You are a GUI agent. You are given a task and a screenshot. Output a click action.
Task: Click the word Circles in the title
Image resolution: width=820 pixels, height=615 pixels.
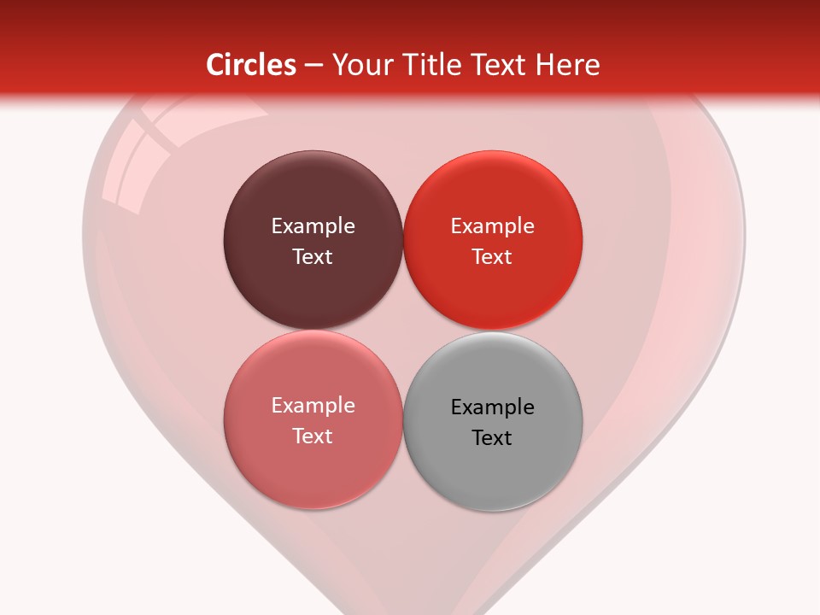(x=251, y=65)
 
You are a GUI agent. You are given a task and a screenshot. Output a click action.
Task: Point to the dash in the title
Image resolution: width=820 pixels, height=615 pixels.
(x=313, y=66)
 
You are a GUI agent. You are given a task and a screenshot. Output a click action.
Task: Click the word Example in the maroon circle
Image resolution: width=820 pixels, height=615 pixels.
(x=313, y=225)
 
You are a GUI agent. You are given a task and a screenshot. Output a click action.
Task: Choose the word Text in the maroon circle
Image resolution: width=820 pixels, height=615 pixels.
(x=313, y=256)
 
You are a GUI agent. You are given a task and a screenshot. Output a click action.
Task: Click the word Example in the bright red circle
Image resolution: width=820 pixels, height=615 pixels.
(x=492, y=225)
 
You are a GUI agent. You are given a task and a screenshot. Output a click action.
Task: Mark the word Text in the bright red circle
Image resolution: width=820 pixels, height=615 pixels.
(x=492, y=256)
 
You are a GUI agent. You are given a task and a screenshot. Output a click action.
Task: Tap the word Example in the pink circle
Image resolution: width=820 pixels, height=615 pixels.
(x=313, y=405)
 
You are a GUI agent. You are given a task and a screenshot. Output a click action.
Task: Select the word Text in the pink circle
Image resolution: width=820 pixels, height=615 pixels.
(x=313, y=436)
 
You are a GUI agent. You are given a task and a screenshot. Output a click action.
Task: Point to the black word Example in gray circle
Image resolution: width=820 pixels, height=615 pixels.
(x=492, y=407)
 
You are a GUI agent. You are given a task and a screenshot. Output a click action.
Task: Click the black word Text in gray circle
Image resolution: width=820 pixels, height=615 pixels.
(x=492, y=437)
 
